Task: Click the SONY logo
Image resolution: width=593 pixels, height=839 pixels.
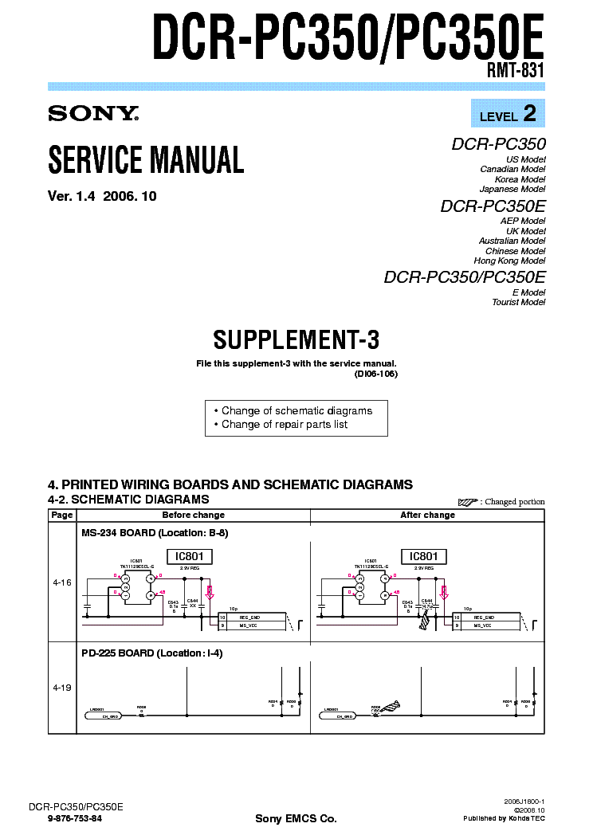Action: pyautogui.click(x=93, y=114)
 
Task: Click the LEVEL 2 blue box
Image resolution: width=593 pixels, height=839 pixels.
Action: pyautogui.click(x=508, y=114)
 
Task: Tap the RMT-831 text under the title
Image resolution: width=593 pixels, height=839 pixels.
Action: pyautogui.click(x=516, y=69)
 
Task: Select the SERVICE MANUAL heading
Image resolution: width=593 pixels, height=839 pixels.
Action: pyautogui.click(x=146, y=159)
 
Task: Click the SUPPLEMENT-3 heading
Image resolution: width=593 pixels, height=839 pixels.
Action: pyautogui.click(x=296, y=340)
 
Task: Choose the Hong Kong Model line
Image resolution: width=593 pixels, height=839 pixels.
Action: pyautogui.click(x=509, y=261)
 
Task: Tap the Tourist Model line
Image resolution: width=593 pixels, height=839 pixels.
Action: pyautogui.click(x=518, y=302)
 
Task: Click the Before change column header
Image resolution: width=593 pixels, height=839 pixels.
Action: pyautogui.click(x=194, y=515)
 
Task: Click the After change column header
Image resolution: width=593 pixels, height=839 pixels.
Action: pyautogui.click(x=427, y=515)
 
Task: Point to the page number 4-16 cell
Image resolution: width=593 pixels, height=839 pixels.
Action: pyautogui.click(x=62, y=582)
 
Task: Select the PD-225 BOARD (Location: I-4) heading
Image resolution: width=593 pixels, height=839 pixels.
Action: pyautogui.click(x=151, y=653)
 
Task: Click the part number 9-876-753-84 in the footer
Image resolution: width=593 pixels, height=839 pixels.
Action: pyautogui.click(x=75, y=818)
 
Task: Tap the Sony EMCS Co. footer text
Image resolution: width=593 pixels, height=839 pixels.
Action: pyautogui.click(x=296, y=818)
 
